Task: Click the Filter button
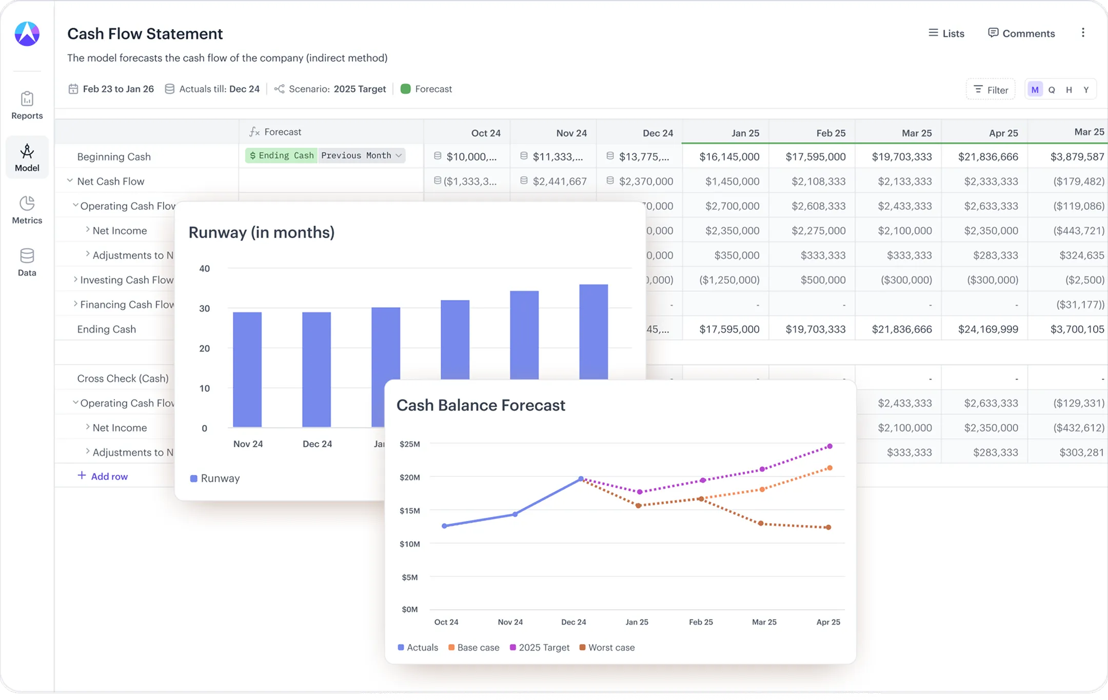(991, 90)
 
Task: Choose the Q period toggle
(1052, 90)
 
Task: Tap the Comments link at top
(1021, 33)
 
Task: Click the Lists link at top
(946, 33)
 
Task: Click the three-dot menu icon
(1083, 33)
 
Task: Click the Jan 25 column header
(745, 133)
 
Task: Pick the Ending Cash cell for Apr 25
(988, 329)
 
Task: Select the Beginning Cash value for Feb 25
(816, 156)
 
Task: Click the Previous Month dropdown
(361, 155)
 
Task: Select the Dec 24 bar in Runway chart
(316, 369)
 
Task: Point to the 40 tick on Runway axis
(204, 269)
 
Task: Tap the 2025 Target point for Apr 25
(829, 446)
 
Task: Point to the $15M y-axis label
(409, 511)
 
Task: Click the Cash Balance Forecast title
(481, 405)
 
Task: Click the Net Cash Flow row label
(111, 182)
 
